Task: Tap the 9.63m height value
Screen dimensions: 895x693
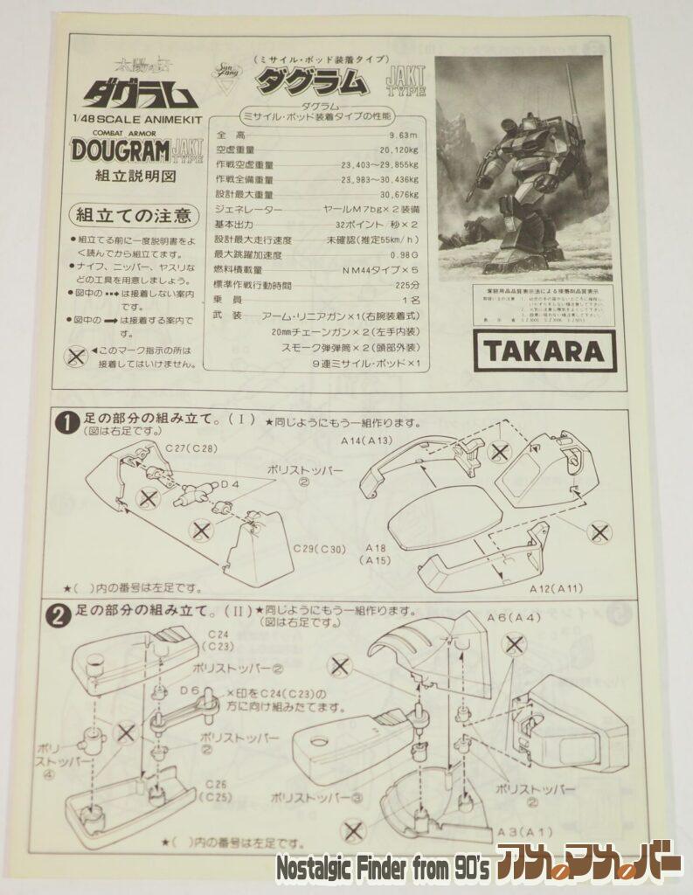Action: click(x=400, y=135)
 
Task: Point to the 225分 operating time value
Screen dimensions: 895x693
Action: click(x=405, y=285)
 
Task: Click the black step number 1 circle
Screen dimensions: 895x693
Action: click(x=66, y=421)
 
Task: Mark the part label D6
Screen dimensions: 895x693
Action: click(x=191, y=691)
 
